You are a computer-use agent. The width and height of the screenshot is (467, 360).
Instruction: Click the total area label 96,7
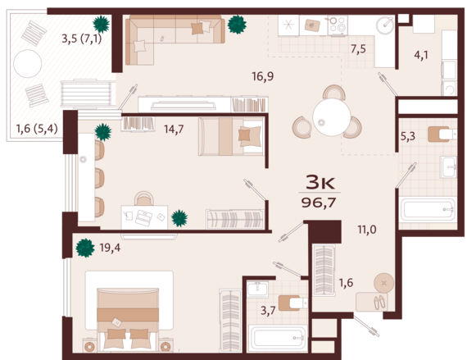319,203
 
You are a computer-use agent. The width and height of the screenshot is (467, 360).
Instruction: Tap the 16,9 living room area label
263,76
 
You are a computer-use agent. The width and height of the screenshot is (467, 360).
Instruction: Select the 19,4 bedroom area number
110,248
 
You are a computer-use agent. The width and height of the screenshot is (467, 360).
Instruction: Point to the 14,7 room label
174,130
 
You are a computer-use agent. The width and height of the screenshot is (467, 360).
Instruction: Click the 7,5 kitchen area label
358,48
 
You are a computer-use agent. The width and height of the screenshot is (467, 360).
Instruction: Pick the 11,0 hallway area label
367,230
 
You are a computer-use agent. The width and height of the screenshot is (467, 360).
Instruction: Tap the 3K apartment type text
320,183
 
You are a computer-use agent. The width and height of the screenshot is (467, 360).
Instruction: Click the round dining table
332,117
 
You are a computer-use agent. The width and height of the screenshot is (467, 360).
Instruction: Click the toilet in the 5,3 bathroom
442,134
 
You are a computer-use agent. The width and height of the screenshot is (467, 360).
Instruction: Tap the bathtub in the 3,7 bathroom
278,338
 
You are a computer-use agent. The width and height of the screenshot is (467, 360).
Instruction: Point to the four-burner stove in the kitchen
338,25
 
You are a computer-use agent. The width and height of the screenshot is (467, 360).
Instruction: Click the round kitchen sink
385,25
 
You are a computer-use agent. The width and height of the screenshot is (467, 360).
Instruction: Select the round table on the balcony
28,64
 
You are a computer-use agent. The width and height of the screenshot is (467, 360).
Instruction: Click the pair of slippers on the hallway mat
379,302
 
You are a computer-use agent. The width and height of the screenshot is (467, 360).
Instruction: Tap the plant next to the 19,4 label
85,248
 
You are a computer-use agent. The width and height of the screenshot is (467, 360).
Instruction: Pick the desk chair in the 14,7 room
144,198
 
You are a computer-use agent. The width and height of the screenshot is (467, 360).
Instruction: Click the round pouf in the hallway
384,283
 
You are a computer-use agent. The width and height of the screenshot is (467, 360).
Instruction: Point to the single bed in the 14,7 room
231,136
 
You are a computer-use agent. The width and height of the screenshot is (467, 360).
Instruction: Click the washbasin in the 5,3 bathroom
448,167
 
